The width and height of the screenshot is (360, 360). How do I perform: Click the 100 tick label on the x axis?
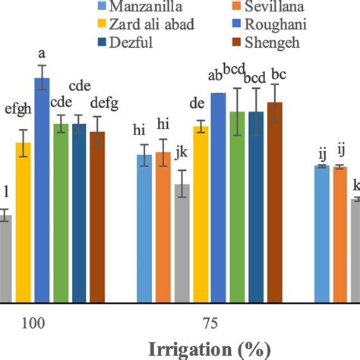coord(33,324)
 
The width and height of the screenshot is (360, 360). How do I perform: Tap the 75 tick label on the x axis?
coord(210,324)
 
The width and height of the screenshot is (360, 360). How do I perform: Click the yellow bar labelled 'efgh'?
coord(24,221)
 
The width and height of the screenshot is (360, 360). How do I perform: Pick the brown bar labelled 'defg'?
coord(97,216)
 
